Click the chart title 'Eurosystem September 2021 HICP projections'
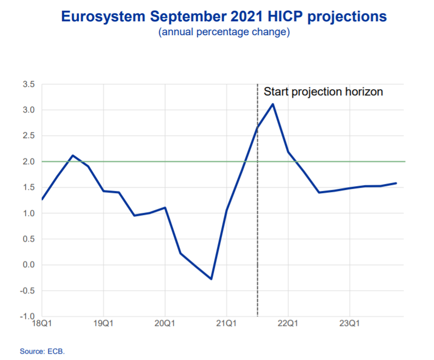pyautogui.click(x=224, y=17)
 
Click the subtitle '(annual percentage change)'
pyautogui.click(x=224, y=33)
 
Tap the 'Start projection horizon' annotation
pyautogui.click(x=323, y=92)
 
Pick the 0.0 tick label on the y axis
pyautogui.click(x=29, y=265)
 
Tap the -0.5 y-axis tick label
pyautogui.click(x=27, y=291)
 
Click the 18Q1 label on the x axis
pyautogui.click(x=42, y=324)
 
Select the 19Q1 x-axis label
pyautogui.click(x=103, y=324)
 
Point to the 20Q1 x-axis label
pyautogui.click(x=165, y=324)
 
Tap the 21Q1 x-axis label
pyautogui.click(x=227, y=324)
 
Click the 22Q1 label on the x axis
pyautogui.click(x=288, y=324)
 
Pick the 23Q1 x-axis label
pyautogui.click(x=350, y=324)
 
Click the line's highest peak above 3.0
pyautogui.click(x=273, y=104)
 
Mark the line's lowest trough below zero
pyautogui.click(x=211, y=279)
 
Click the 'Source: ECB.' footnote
pyautogui.click(x=42, y=351)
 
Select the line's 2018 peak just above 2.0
pyautogui.click(x=73, y=155)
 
